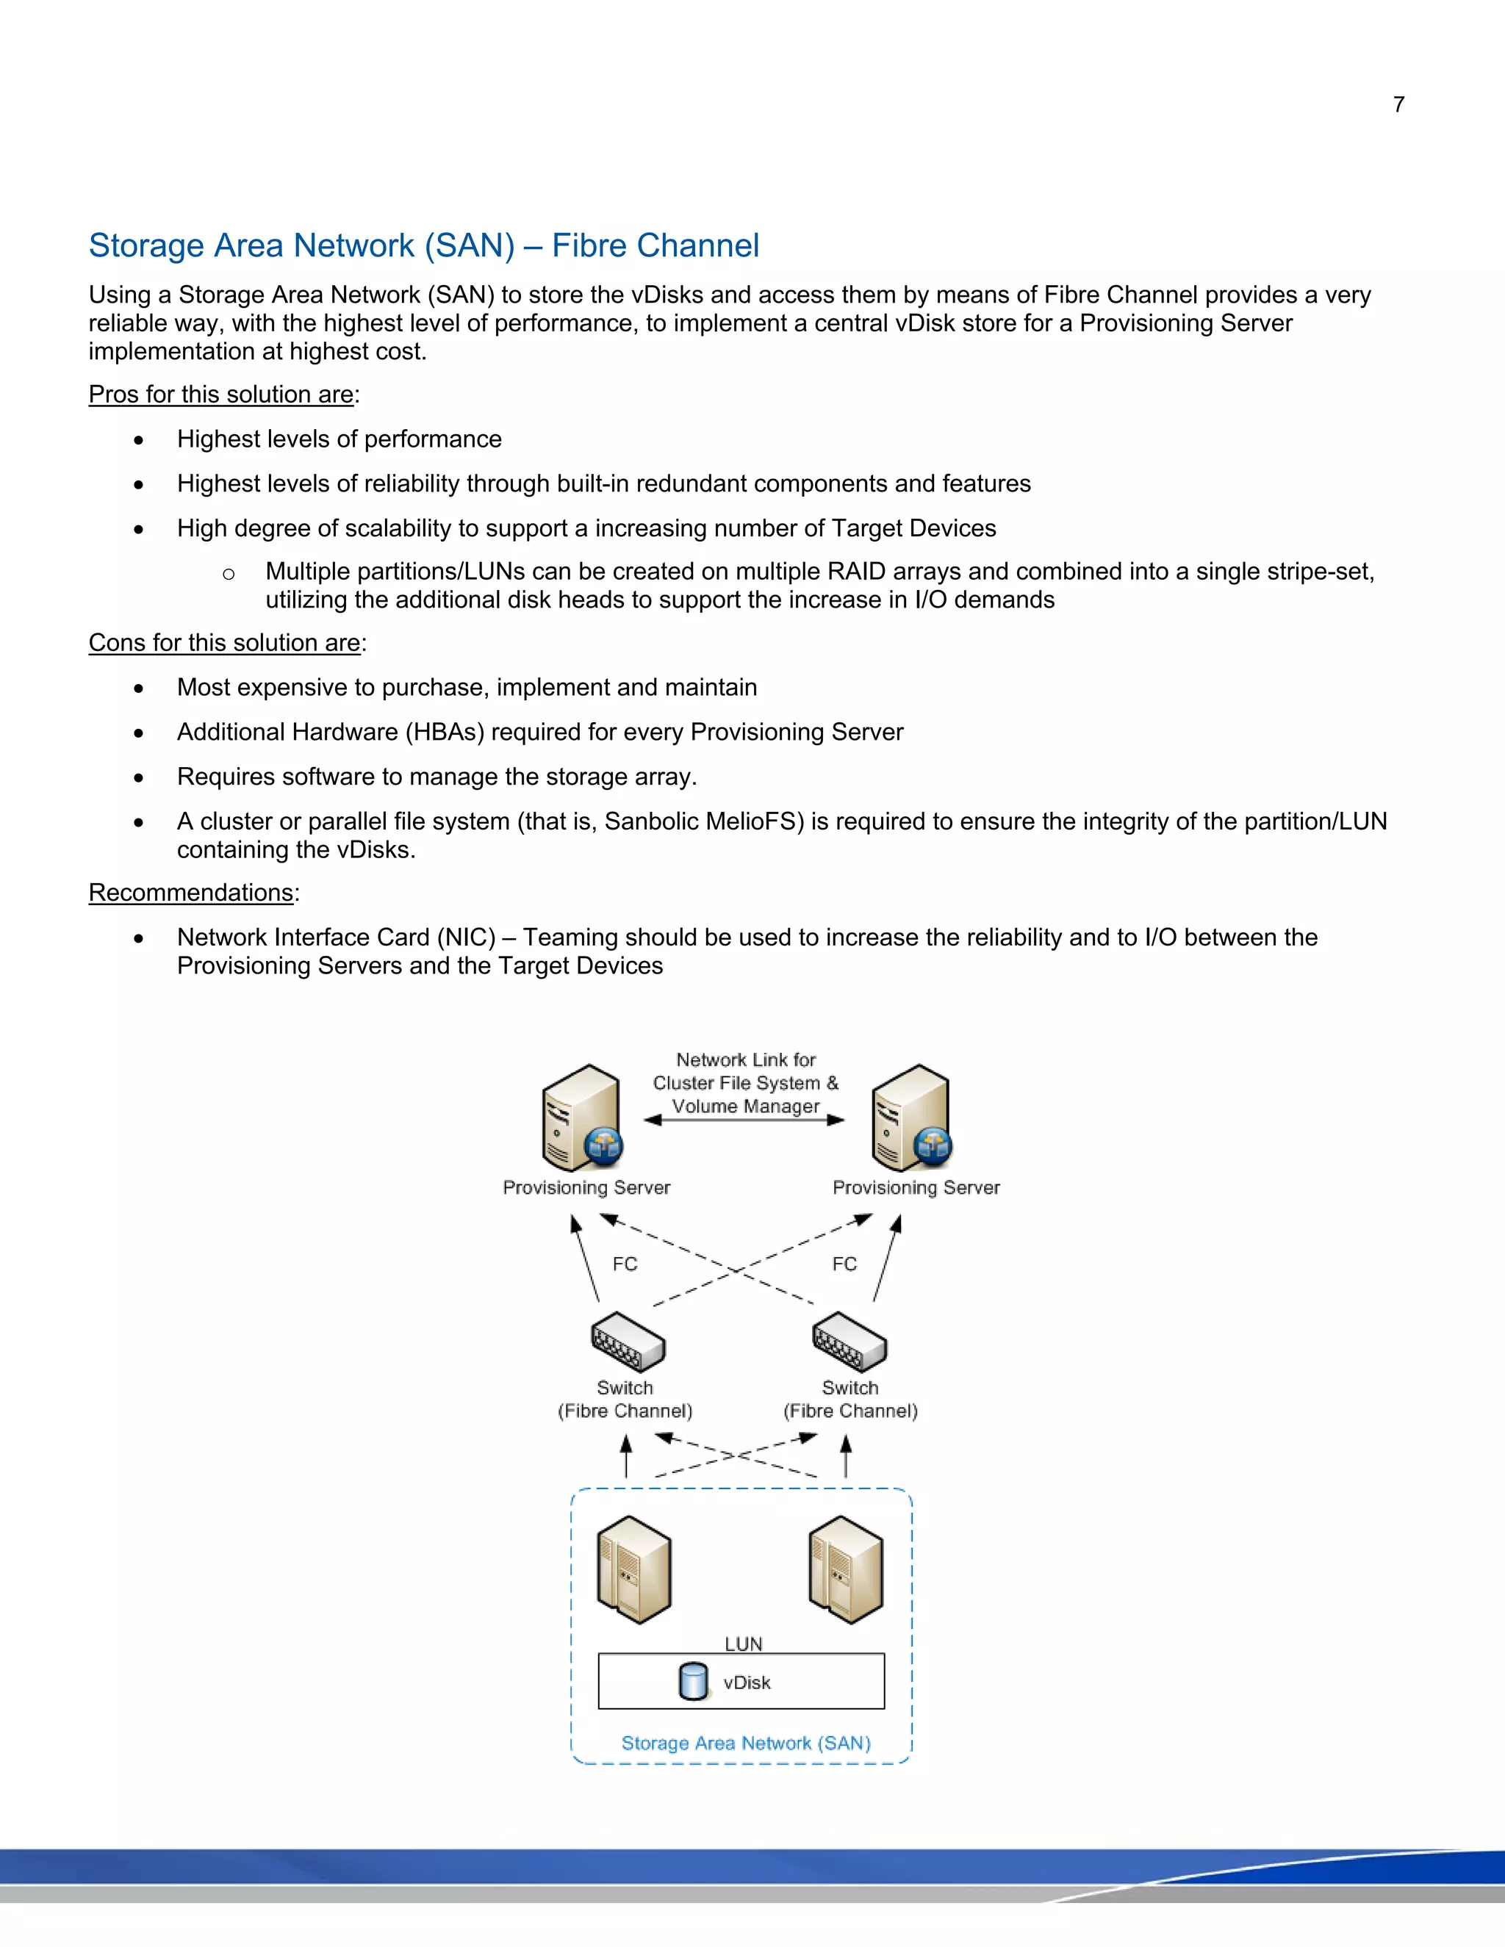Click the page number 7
(1398, 105)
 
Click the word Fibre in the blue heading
(590, 246)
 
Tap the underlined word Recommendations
(191, 893)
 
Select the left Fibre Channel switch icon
(628, 1342)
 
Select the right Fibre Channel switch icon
(849, 1342)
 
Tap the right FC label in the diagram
(844, 1264)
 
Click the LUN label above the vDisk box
(743, 1644)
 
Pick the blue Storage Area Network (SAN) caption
(745, 1743)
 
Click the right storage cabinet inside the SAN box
(846, 1569)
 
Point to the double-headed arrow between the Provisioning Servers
(744, 1120)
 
